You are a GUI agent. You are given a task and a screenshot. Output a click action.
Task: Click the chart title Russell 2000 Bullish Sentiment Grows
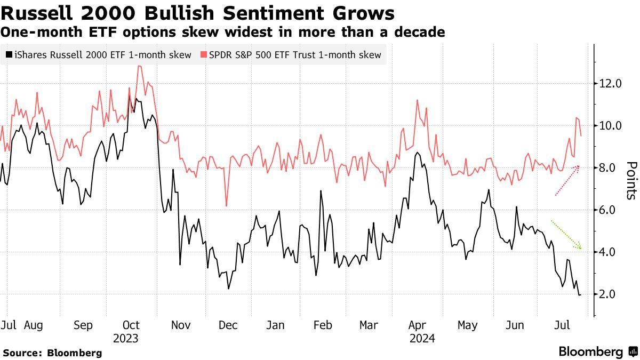point(198,13)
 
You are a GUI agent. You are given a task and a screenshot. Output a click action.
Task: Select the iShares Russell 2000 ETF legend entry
point(99,55)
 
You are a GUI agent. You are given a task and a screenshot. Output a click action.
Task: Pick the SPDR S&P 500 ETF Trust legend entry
point(291,55)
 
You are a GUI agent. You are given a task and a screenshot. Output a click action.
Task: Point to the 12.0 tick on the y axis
point(610,84)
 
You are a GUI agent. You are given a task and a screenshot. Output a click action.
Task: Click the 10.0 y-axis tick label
point(610,126)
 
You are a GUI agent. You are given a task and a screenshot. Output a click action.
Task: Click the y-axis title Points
point(631,180)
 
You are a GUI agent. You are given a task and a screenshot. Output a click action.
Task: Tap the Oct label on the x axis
point(131,325)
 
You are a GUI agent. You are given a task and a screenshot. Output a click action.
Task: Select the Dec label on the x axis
point(229,325)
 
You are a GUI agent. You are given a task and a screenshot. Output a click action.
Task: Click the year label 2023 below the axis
point(125,338)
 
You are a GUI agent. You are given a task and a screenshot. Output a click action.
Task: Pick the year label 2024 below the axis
point(422,338)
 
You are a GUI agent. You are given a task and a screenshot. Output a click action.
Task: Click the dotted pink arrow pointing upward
point(567,181)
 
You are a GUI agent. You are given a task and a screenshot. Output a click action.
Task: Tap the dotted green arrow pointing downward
point(566,235)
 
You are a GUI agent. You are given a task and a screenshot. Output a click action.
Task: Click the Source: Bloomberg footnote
point(52,353)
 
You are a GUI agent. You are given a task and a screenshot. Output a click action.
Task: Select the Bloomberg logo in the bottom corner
point(597,352)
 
